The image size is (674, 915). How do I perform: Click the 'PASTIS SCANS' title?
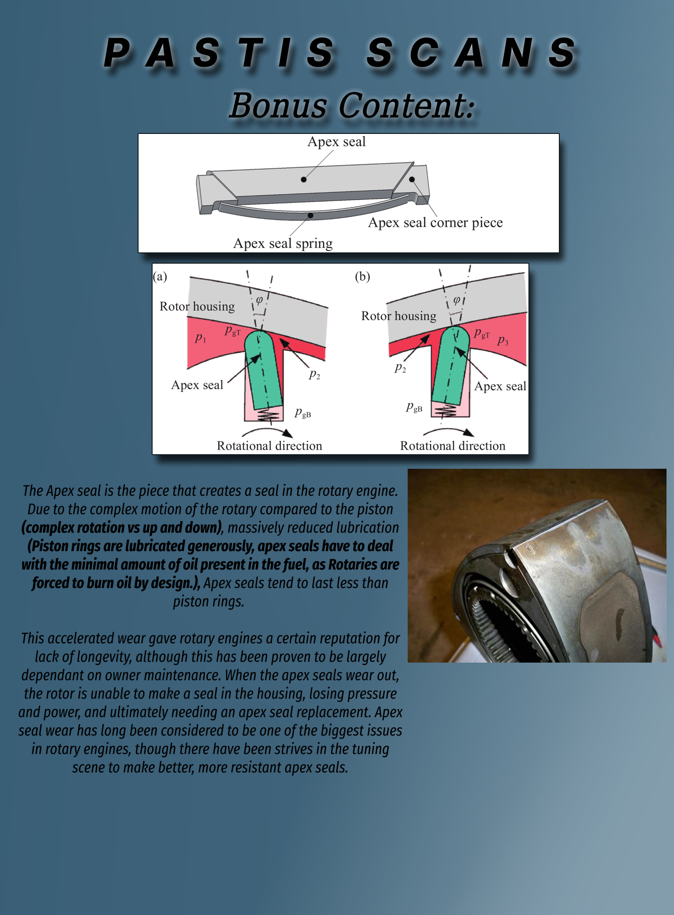click(340, 52)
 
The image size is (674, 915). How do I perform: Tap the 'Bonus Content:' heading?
click(352, 105)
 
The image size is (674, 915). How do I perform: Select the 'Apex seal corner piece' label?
click(435, 222)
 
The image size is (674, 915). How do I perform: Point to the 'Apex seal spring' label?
click(283, 244)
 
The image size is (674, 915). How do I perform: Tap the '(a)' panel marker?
click(160, 276)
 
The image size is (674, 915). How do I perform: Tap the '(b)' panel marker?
click(362, 276)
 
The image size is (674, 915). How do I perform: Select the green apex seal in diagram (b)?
click(450, 365)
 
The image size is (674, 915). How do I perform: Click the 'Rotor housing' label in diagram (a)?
click(197, 306)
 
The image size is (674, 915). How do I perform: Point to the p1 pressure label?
click(200, 338)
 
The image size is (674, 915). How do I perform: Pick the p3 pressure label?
click(503, 340)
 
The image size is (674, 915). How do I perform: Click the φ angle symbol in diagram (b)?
click(457, 300)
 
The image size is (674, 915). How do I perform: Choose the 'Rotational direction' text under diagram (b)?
click(453, 446)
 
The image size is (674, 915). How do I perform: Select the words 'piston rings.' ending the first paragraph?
click(209, 601)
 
